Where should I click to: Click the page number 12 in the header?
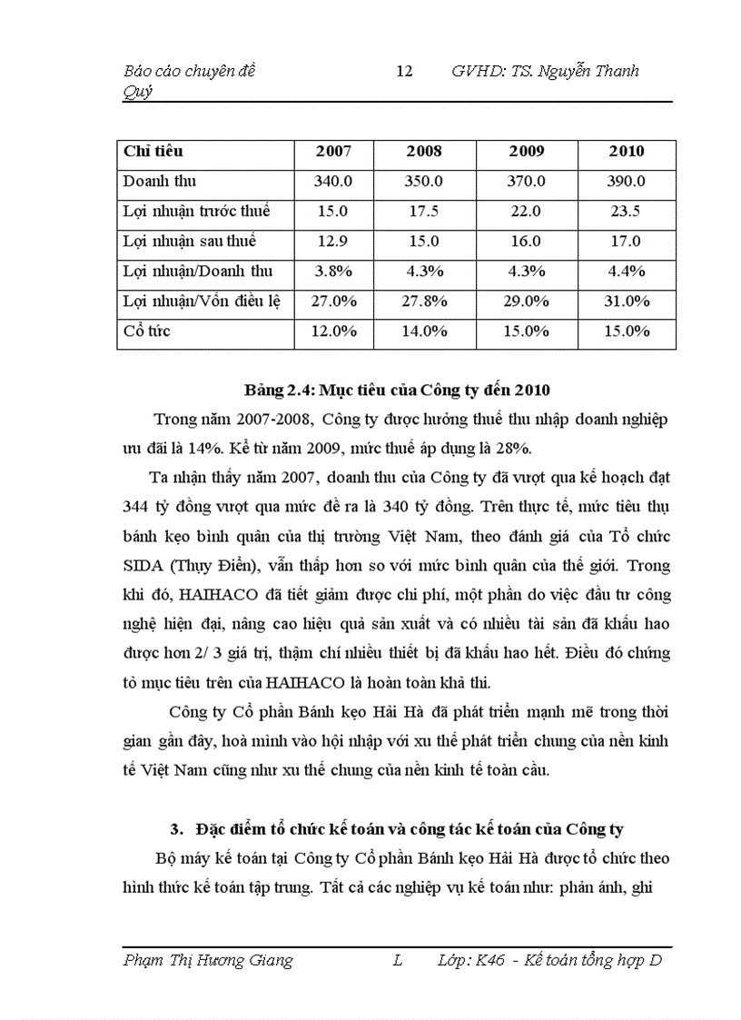point(405,72)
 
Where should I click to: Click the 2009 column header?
point(526,152)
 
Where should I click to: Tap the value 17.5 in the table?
point(424,212)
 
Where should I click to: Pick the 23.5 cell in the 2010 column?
point(626,212)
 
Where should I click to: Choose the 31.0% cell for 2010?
point(626,302)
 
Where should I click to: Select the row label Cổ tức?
point(147,332)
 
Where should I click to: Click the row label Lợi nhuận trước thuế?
point(196,212)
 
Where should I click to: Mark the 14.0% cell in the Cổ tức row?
point(424,332)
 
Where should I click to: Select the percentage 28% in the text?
point(515,448)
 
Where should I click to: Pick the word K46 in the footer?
point(490,961)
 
